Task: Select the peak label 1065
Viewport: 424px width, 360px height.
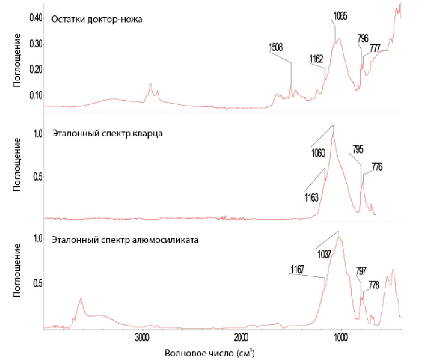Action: tap(340, 16)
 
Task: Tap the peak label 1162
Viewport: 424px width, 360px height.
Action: tap(316, 59)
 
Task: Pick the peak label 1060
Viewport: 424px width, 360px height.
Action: tap(318, 153)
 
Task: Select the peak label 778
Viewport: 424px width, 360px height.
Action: tap(373, 286)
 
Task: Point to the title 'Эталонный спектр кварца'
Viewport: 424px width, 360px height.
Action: tap(108, 133)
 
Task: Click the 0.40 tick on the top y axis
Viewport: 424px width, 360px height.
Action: tap(36, 18)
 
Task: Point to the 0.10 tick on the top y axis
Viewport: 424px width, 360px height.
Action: tap(36, 95)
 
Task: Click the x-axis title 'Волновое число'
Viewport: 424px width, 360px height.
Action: tap(203, 354)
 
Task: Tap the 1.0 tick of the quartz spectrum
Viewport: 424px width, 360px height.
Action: tap(38, 134)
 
